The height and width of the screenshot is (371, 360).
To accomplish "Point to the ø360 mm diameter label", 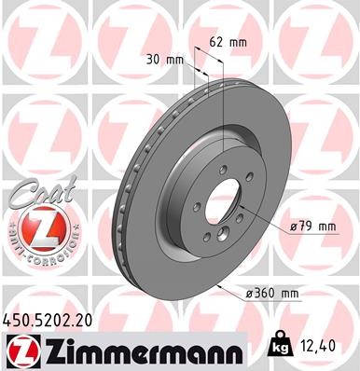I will tap(272, 294).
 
